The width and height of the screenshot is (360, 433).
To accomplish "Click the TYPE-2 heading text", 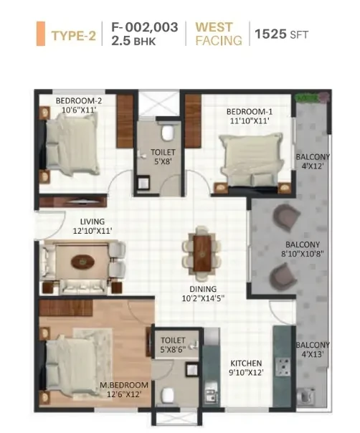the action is click(x=73, y=36).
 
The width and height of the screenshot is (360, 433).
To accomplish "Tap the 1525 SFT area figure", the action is click(x=281, y=34).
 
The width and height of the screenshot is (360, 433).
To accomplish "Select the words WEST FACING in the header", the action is click(x=219, y=34).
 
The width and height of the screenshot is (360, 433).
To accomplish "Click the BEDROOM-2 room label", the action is click(x=79, y=101).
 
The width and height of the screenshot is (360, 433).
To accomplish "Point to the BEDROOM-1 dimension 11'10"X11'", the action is click(x=250, y=121).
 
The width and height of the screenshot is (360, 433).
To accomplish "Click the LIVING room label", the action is click(x=93, y=222).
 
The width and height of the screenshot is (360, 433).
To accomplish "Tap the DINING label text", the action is click(x=203, y=289).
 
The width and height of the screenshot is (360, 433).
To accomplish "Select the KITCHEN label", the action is click(x=246, y=363).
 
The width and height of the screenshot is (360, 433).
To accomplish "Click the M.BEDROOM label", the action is click(x=124, y=385).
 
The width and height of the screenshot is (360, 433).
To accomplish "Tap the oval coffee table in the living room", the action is click(x=81, y=261).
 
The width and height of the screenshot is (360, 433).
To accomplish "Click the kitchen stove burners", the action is click(x=283, y=367).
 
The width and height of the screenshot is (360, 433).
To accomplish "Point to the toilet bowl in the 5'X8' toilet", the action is click(x=168, y=133).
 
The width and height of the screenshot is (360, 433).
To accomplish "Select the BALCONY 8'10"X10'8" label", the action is click(x=303, y=249).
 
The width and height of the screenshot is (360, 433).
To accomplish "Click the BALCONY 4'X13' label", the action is click(x=313, y=349).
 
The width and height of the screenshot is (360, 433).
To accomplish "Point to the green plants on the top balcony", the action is click(x=311, y=97).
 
